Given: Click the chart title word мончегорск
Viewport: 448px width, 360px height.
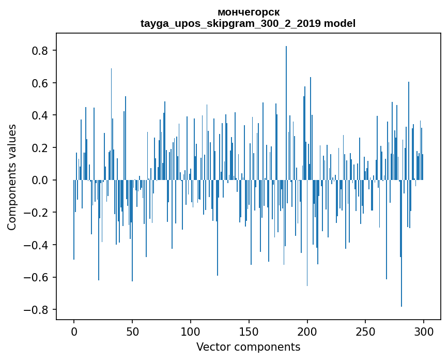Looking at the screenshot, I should tap(248, 12).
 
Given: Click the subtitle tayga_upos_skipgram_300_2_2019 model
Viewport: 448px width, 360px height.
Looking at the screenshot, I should tap(248, 23).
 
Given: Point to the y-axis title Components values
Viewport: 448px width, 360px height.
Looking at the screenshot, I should tap(12, 177).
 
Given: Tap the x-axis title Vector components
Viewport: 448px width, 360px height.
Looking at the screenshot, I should tap(248, 347).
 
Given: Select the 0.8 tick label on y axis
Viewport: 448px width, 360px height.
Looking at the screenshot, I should tap(40, 51).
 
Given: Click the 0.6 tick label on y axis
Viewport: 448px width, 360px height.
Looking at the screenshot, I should tap(40, 83).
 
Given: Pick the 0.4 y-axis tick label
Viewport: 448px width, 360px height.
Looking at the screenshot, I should tap(40, 115).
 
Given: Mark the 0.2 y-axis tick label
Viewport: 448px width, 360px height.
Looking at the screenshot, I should tap(40, 148).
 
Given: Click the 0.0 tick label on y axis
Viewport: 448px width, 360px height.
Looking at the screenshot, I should tap(40, 180).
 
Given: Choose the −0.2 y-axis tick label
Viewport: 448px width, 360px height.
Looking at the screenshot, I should tap(37, 213).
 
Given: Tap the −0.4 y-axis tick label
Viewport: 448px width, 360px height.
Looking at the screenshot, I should tap(37, 245).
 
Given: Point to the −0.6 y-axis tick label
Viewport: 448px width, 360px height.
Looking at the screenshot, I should tap(37, 277).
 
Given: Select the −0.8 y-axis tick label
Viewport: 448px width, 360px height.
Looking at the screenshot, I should tap(37, 310).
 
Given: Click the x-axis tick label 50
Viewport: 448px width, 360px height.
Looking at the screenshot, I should tap(132, 331).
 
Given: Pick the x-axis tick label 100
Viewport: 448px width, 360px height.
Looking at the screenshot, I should tap(191, 331).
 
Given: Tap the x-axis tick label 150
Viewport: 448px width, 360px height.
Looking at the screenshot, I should tap(249, 331).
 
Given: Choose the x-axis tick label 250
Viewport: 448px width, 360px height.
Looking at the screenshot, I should tap(365, 331).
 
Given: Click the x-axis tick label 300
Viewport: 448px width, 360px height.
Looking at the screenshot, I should tap(424, 331).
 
